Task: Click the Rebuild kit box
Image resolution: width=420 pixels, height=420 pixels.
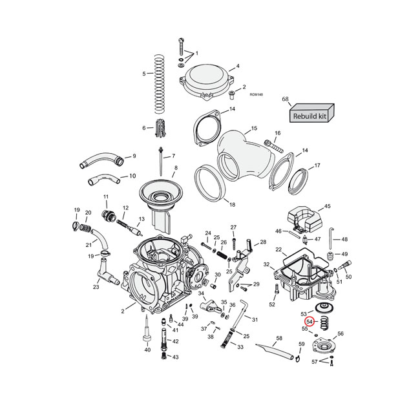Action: [310, 114]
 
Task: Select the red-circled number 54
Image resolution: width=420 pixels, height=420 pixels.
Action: [310, 321]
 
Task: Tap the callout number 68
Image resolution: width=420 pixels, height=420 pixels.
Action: [285, 99]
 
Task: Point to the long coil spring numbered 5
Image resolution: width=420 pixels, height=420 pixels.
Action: [160, 85]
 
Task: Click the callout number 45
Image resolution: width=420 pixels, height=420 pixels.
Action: [327, 207]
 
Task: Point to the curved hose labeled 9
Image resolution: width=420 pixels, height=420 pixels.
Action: [101, 159]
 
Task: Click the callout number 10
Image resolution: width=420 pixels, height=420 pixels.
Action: [133, 176]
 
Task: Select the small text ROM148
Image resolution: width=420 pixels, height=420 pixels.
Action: [256, 94]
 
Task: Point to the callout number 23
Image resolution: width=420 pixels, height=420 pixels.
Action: [96, 287]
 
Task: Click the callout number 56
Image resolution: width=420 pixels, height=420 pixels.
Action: [341, 334]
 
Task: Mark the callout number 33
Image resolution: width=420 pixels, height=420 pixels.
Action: [240, 347]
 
